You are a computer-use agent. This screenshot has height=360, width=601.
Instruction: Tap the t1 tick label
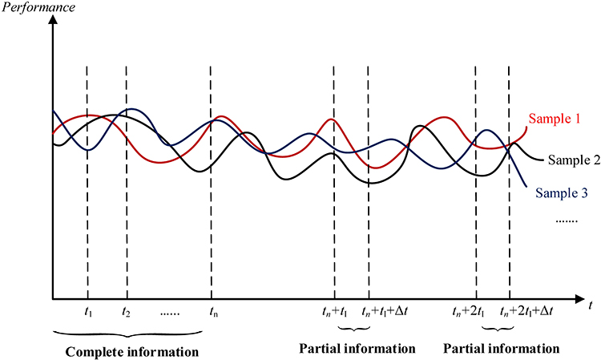[x=87, y=311]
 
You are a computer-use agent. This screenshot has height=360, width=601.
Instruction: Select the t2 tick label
[x=127, y=311]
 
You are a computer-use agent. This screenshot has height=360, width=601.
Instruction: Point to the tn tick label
[x=212, y=311]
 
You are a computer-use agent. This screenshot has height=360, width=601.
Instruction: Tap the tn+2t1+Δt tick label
[x=532, y=311]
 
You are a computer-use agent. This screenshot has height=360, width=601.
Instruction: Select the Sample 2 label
[x=574, y=159]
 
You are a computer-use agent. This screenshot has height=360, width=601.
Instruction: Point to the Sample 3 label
[x=561, y=192]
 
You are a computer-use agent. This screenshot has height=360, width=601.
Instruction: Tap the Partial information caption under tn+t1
[x=357, y=349]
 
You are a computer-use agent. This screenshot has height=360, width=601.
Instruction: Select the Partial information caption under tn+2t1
[x=502, y=349]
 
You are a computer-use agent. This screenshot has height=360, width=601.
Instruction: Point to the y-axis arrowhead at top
[x=52, y=20]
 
